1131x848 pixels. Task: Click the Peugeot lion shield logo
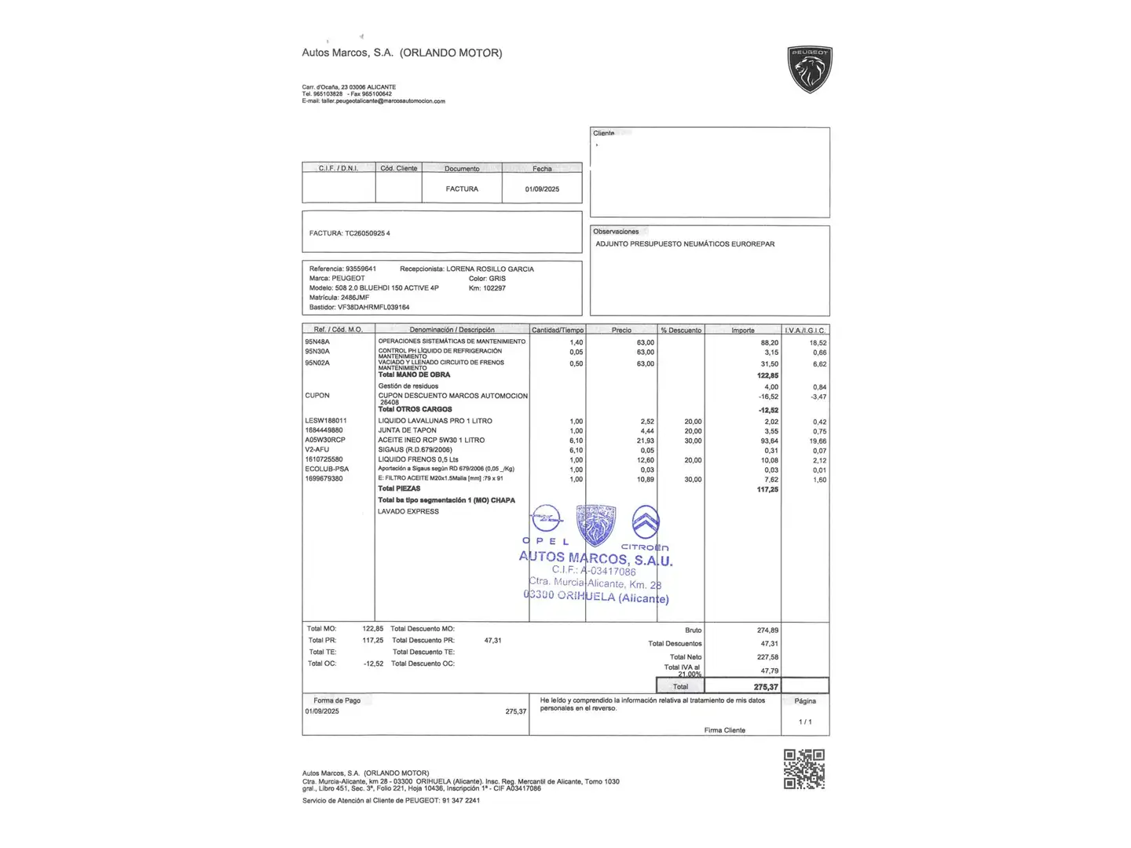pos(810,69)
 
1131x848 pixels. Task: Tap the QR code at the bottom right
pos(804,769)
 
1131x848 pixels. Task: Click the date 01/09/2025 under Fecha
pos(542,189)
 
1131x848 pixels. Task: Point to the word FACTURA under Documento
pos(462,189)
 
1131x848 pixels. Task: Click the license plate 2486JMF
pos(353,298)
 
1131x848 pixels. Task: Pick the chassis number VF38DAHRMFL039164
pos(373,307)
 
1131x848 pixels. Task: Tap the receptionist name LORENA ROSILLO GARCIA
pos(490,269)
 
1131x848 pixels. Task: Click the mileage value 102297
pos(494,288)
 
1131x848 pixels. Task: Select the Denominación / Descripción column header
pos(452,330)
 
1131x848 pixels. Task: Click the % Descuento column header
pos(681,330)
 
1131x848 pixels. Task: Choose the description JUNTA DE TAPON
pos(407,430)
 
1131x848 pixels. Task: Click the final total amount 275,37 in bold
pos(766,687)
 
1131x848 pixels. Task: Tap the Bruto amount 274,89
pos(767,631)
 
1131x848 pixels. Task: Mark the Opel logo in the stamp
pos(546,520)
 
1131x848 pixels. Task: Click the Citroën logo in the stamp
pos(646,523)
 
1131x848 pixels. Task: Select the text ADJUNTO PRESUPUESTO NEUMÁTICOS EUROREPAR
pos(685,244)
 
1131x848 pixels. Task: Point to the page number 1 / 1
pos(805,722)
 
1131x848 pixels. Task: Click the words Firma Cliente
pos(724,730)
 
